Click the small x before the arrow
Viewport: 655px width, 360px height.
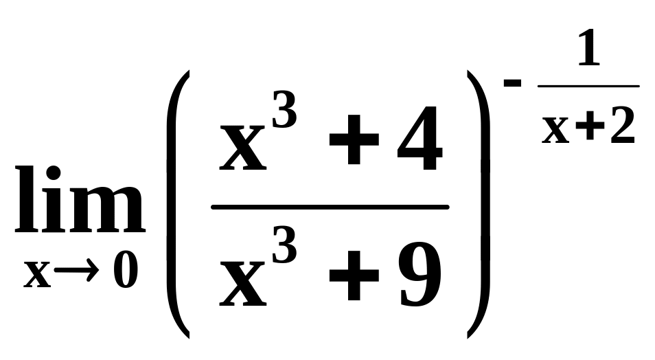pyautogui.click(x=38, y=274)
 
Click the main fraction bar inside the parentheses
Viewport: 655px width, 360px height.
pyautogui.click(x=330, y=207)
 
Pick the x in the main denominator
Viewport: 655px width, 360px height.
pyautogui.click(x=242, y=282)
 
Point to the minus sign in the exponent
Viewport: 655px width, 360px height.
pyautogui.click(x=513, y=83)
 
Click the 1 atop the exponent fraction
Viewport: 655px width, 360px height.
pyautogui.click(x=588, y=50)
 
